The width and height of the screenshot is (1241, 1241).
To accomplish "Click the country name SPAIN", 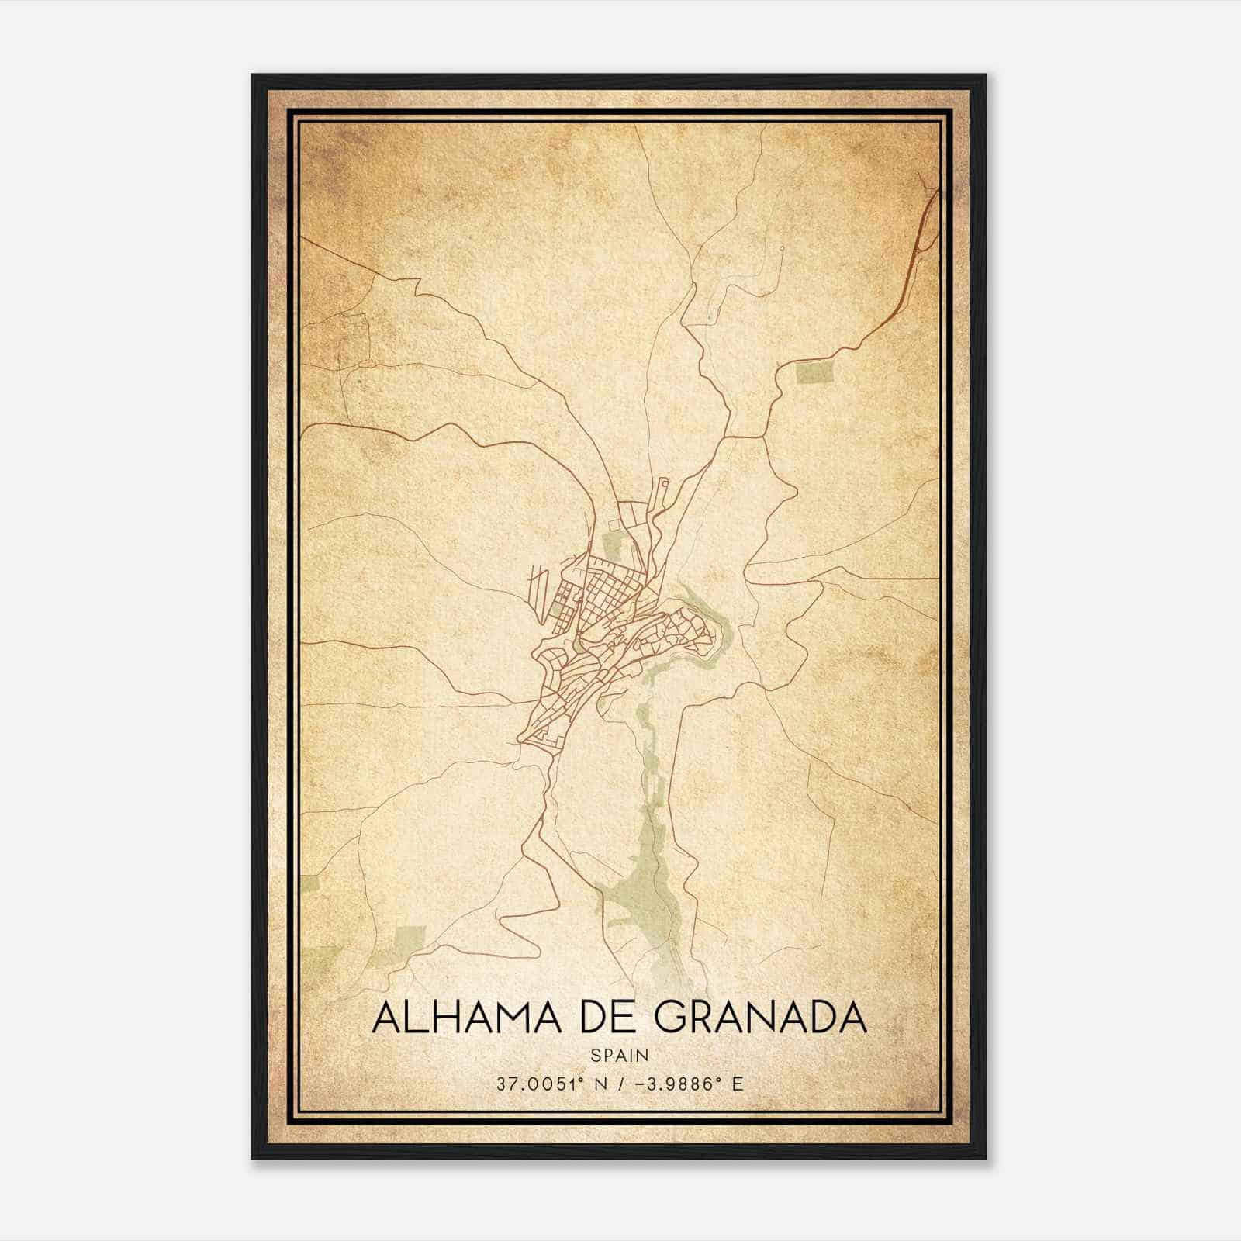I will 620,1055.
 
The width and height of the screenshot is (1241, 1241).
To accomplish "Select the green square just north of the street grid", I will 613,543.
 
